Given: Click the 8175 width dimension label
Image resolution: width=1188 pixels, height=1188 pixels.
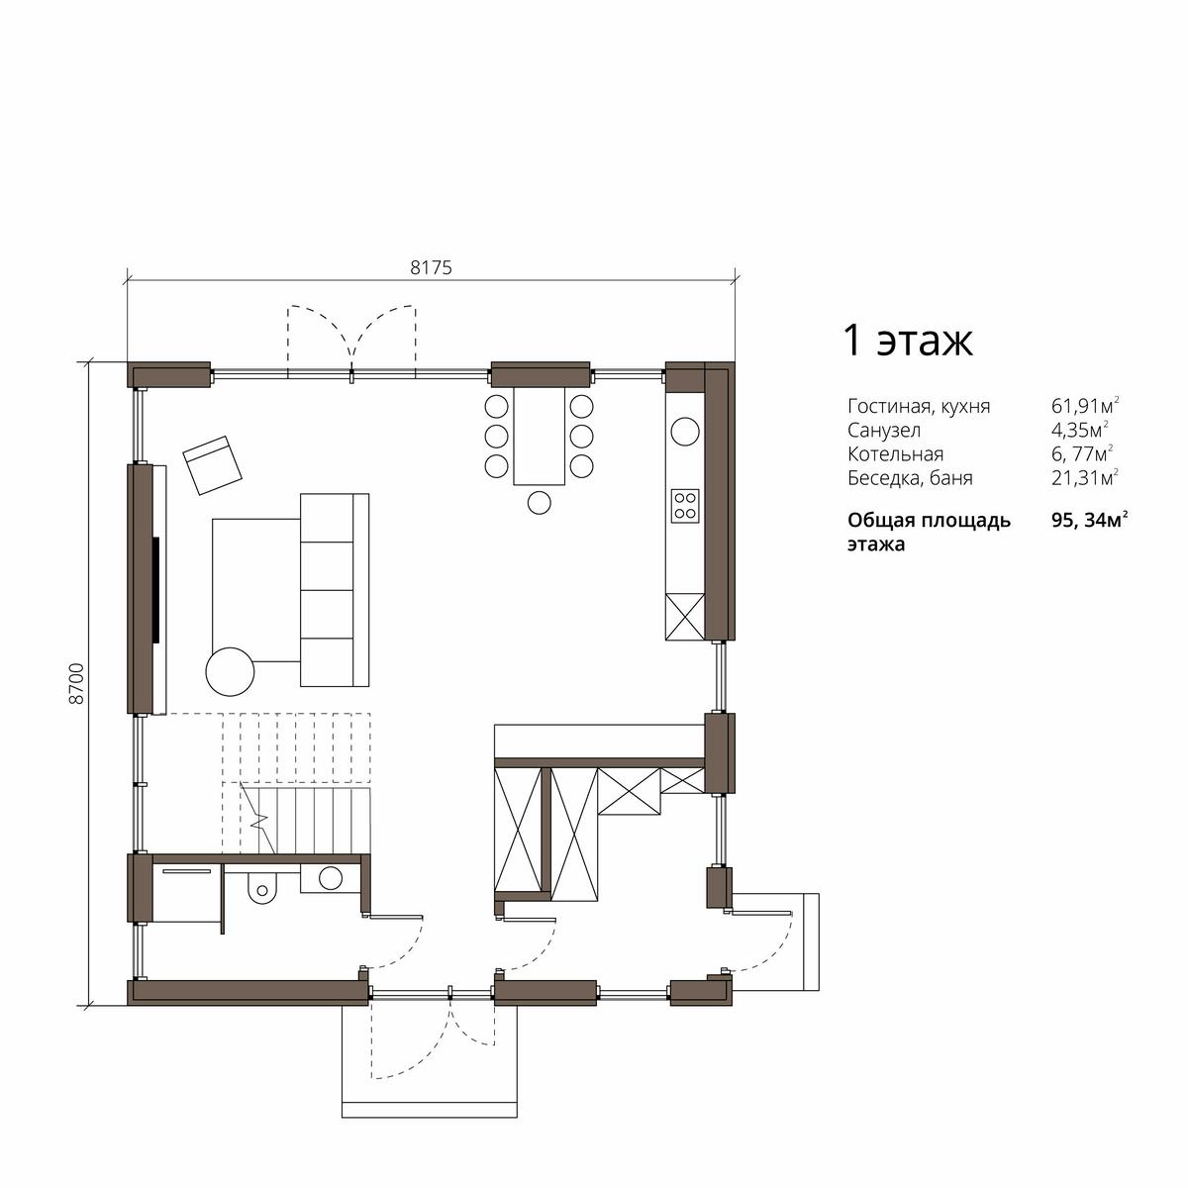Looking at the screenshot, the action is (x=431, y=267).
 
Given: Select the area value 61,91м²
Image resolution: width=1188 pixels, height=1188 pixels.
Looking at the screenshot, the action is (x=1085, y=406).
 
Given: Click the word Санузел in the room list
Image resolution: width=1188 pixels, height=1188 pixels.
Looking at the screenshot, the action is (x=884, y=430).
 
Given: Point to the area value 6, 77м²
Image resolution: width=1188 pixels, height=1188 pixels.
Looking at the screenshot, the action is (x=1083, y=453).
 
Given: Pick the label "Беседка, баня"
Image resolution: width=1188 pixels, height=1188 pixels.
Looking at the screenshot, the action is (x=910, y=478).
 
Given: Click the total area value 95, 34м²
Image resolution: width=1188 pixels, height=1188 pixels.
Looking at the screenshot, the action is (x=1090, y=521).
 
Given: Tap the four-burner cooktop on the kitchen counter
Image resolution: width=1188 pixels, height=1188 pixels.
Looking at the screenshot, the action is (x=685, y=506).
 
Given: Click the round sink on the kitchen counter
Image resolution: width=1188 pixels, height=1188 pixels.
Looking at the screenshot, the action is (x=685, y=431).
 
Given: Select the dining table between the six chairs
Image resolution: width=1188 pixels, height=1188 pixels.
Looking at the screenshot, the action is (x=539, y=436).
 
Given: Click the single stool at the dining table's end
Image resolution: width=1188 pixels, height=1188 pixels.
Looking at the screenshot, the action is (x=540, y=502).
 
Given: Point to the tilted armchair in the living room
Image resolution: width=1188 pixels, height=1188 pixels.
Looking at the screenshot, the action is (x=212, y=465).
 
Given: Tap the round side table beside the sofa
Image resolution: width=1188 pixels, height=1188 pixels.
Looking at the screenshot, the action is (x=230, y=671).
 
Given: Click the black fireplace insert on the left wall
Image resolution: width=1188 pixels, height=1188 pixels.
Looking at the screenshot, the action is (x=156, y=590).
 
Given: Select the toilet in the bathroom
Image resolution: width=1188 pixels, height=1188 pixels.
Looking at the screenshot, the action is (x=261, y=886).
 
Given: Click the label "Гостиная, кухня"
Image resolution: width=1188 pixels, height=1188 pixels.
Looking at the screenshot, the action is (x=919, y=407).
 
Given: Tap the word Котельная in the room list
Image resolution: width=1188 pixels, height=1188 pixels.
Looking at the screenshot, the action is (x=895, y=453).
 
